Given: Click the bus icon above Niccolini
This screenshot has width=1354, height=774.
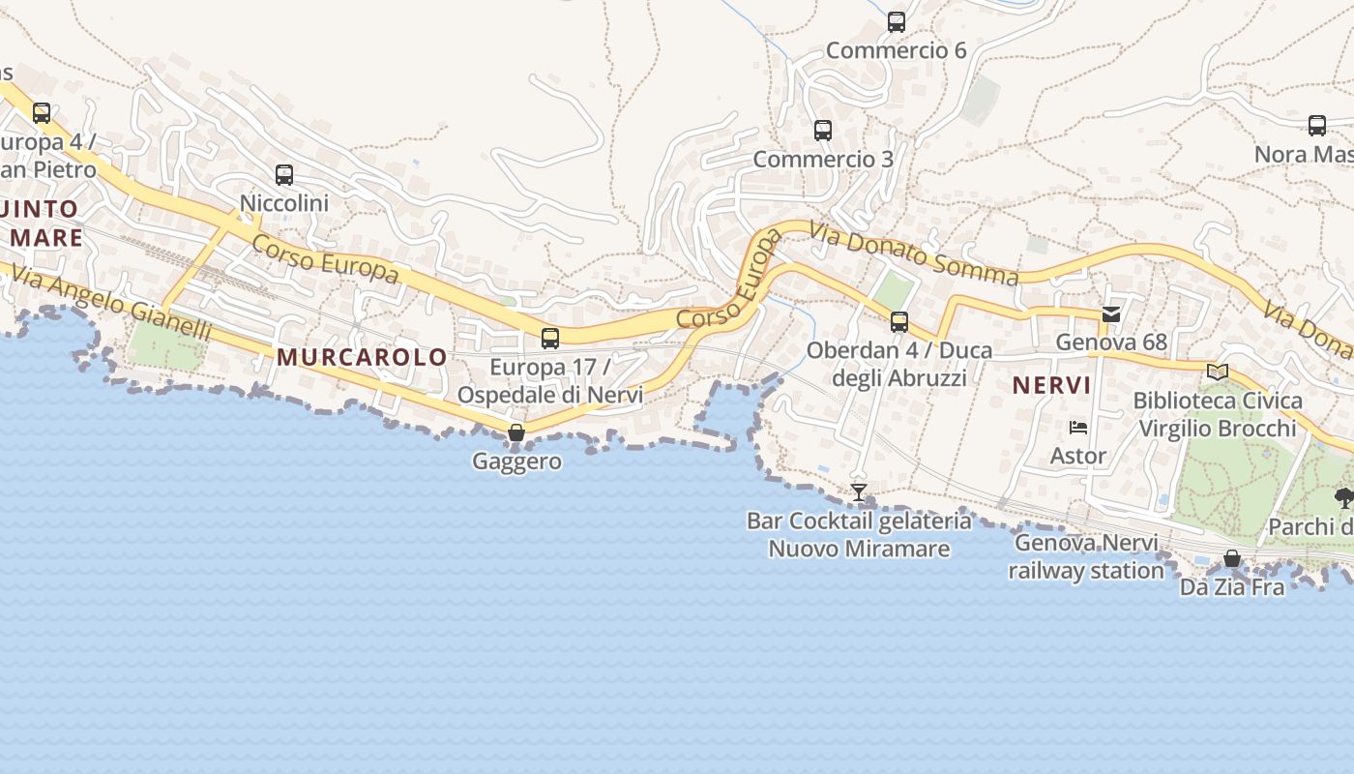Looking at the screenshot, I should click(284, 175).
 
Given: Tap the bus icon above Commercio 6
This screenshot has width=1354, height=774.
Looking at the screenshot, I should click(897, 22).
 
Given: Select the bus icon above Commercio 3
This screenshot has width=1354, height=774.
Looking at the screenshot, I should click(823, 130).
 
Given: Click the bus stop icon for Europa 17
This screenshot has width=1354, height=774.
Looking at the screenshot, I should click(550, 339).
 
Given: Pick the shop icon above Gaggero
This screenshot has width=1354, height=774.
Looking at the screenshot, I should click(516, 432).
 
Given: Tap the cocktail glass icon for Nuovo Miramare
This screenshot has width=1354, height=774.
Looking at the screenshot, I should click(858, 492).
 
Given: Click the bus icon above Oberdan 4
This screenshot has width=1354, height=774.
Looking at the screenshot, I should click(899, 322).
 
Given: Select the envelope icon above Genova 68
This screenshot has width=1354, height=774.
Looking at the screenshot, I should click(1111, 313).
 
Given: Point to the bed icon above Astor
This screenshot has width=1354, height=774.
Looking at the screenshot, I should click(1078, 427).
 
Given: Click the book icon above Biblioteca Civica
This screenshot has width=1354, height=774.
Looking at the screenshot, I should click(1218, 372).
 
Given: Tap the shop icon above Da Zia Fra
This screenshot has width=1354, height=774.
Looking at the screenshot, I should click(1232, 558).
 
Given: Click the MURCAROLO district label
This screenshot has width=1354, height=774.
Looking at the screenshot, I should click(363, 357).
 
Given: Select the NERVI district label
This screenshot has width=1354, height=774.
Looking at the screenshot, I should click(1051, 385).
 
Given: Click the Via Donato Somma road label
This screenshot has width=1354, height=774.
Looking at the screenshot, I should click(914, 254).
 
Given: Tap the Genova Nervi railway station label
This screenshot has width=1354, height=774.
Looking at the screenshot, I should click(1086, 556).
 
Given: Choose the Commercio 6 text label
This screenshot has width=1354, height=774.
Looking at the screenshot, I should click(897, 50).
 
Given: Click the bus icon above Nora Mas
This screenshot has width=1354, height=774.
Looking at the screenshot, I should click(1317, 126).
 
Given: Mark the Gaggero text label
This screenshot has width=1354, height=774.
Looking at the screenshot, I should click(516, 461).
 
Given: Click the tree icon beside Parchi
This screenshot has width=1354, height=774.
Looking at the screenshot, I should click(1343, 498).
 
